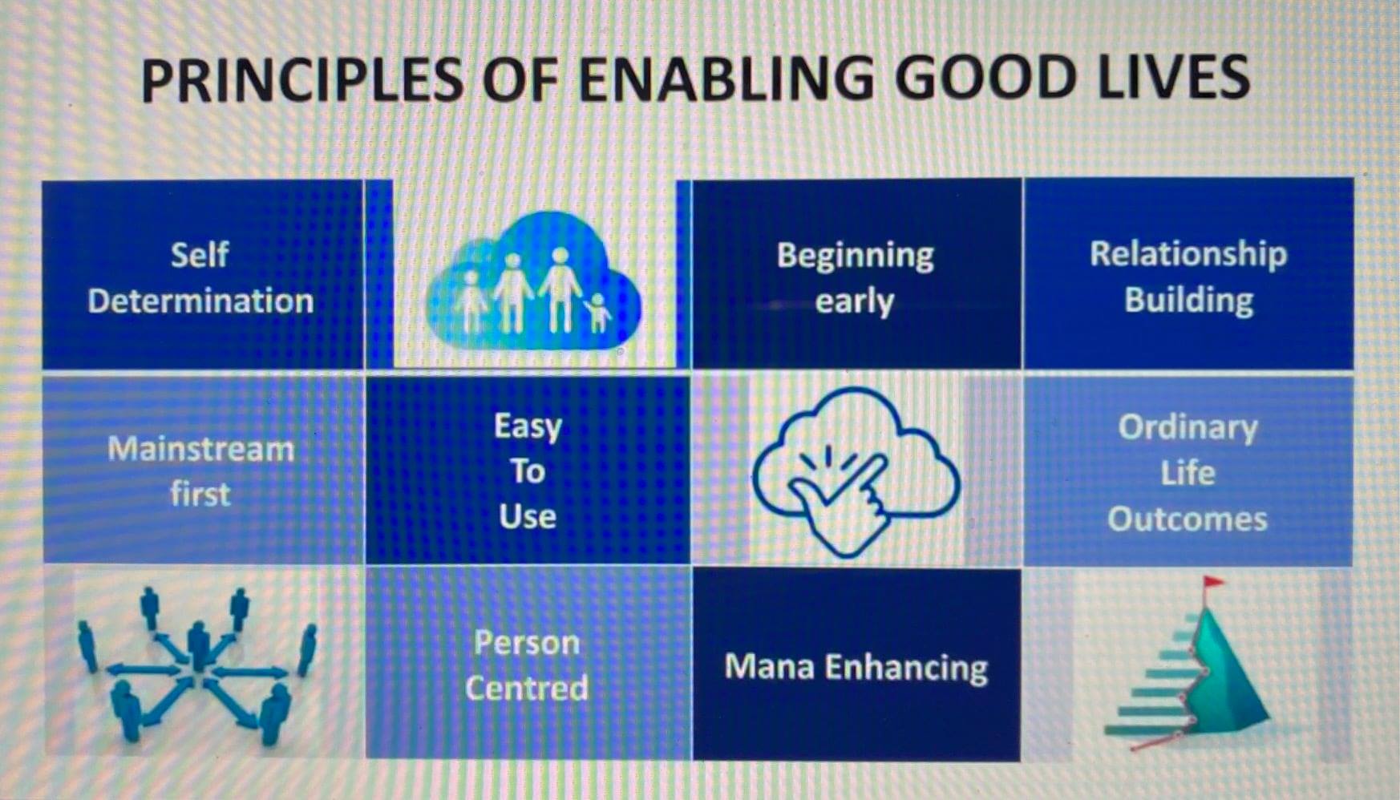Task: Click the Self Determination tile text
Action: [200, 277]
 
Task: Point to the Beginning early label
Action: [855, 278]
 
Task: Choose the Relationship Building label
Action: [1188, 277]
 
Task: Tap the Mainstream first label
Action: [200, 471]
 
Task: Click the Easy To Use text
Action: [528, 471]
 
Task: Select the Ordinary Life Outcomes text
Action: [1188, 473]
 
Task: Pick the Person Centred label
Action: [527, 665]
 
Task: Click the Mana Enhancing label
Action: [856, 667]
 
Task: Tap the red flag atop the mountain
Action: [1213, 583]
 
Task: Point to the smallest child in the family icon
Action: [596, 313]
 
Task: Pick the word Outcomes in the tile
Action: [1188, 519]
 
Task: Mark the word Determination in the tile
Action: [200, 301]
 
